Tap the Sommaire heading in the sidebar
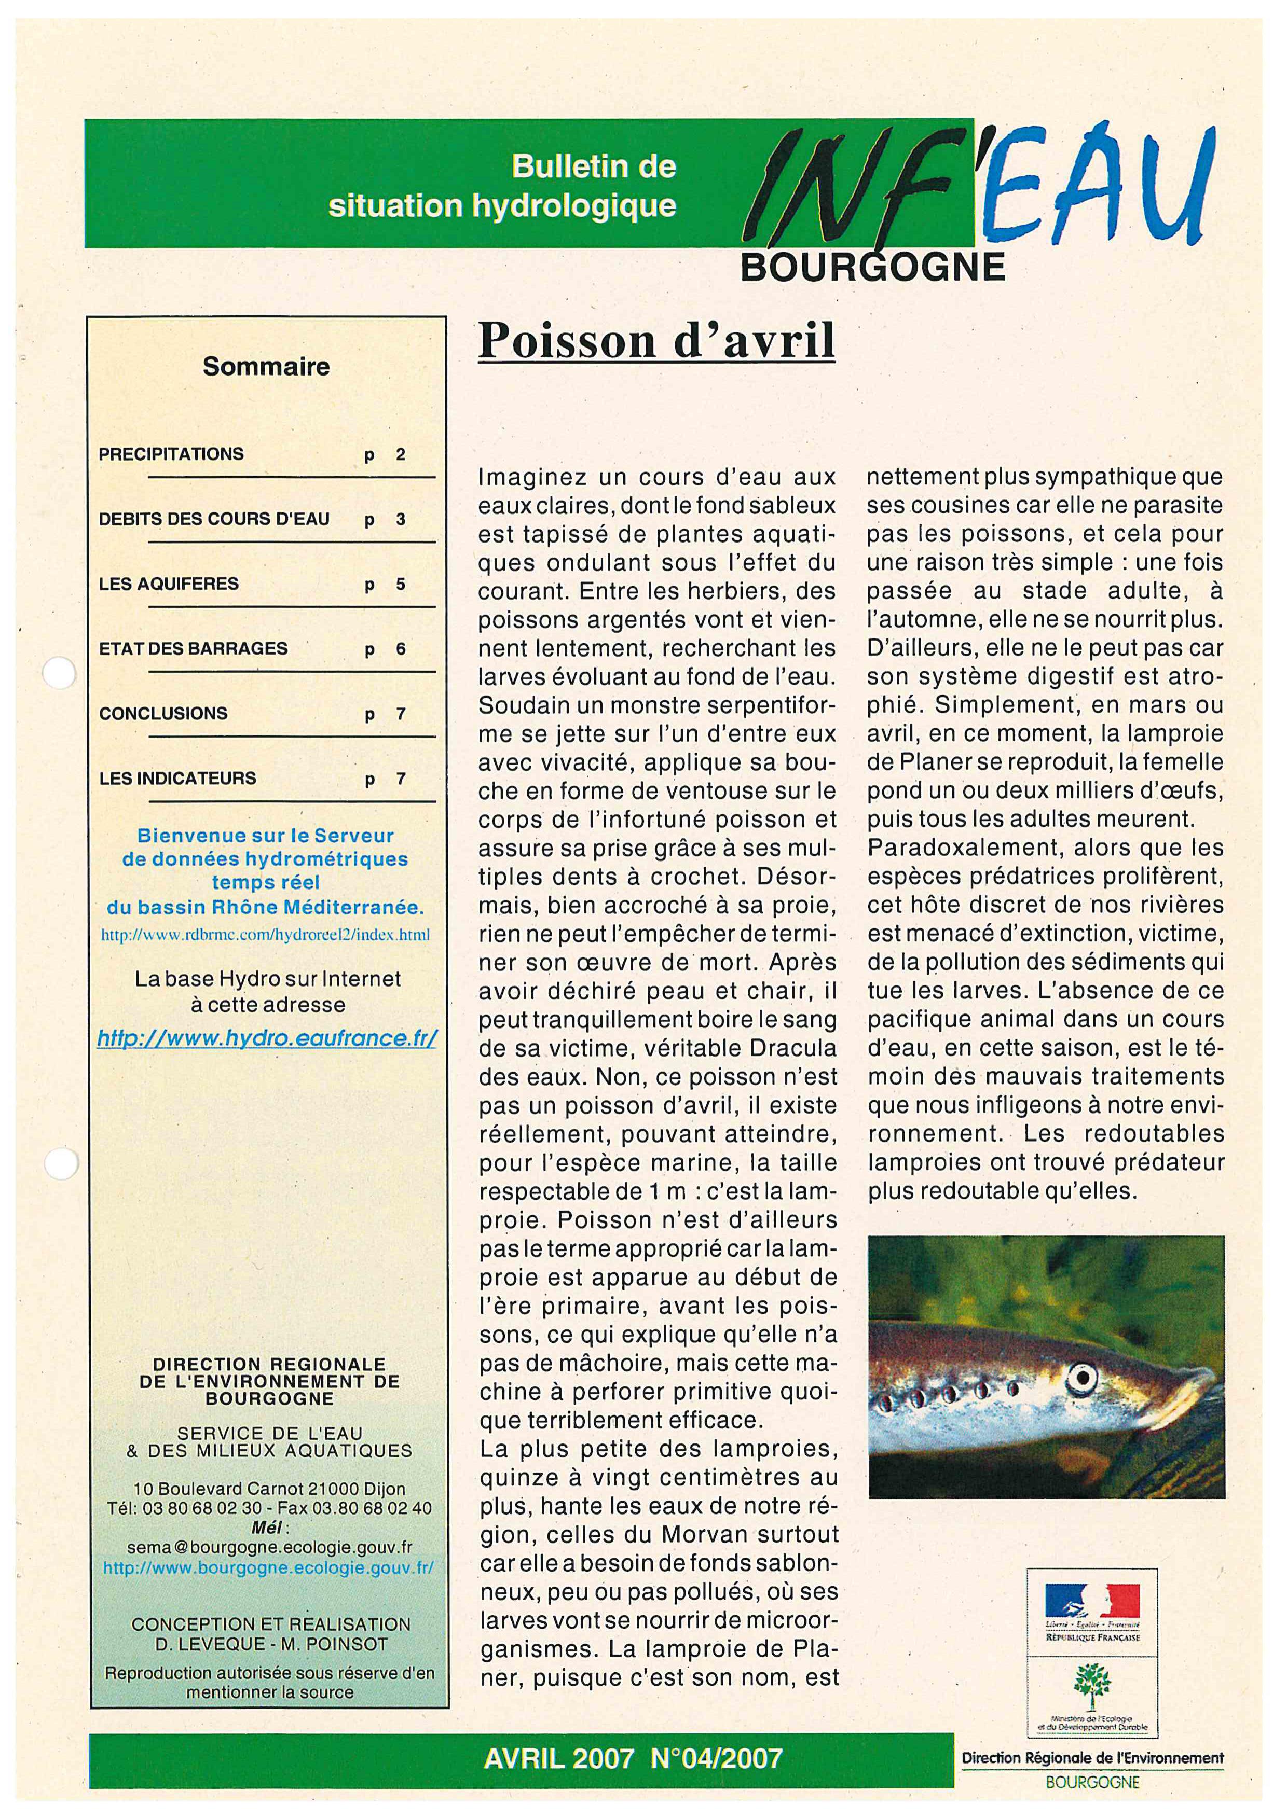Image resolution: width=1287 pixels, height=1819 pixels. pos(266,367)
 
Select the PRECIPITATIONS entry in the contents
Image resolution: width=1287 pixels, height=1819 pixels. pos(171,454)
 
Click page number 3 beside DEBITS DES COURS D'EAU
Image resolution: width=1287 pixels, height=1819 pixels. pos(400,520)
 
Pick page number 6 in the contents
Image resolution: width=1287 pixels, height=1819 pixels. pos(400,649)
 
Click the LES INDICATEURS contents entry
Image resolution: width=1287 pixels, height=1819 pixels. pos(177,778)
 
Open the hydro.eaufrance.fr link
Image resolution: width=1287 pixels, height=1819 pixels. pos(266,1038)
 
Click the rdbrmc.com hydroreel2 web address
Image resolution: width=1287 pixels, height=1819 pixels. pos(266,935)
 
